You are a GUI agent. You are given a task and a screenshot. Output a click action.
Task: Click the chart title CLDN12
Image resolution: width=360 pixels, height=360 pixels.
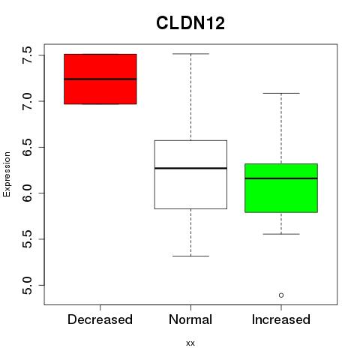pos(190,23)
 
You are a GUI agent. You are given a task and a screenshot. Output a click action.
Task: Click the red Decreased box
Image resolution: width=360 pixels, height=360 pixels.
pos(100,79)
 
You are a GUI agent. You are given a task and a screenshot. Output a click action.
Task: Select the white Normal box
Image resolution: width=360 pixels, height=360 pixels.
pos(190,175)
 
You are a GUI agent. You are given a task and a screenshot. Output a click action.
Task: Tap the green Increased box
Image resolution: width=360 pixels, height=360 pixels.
pos(281,188)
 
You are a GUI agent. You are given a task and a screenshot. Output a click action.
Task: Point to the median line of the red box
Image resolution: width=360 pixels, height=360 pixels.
pos(100,79)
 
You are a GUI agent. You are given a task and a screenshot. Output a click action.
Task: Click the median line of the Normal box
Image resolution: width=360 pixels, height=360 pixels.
pos(190,168)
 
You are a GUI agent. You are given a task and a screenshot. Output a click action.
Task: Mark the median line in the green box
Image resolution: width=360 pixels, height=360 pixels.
pos(281,178)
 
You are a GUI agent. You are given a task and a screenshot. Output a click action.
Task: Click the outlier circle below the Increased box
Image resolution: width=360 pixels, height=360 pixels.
pos(281,295)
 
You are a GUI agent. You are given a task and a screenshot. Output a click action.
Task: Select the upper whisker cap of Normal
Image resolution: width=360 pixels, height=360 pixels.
pos(190,54)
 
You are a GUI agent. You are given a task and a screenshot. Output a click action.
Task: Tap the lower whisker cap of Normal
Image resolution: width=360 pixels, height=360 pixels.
pos(190,256)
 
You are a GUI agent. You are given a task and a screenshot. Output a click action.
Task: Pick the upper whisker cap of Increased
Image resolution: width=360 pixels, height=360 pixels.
pos(281,93)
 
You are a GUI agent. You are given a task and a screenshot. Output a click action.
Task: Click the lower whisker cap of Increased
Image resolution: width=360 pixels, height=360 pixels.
pos(281,234)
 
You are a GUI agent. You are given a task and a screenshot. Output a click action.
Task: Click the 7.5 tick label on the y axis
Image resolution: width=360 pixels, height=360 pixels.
pos(27,55)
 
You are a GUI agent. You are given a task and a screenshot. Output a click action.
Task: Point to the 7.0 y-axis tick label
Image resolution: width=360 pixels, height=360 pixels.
pos(27,101)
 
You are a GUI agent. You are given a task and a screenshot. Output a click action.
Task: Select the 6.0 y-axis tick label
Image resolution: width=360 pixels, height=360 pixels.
pos(27,193)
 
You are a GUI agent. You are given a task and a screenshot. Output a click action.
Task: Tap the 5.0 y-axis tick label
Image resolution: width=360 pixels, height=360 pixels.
pos(27,285)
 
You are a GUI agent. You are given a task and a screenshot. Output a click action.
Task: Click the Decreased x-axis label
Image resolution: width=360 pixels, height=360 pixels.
pos(100,319)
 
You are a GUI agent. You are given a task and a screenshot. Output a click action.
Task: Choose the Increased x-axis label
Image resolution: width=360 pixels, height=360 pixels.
pos(281,319)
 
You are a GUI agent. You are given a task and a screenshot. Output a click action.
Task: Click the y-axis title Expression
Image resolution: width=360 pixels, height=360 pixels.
pos(7,174)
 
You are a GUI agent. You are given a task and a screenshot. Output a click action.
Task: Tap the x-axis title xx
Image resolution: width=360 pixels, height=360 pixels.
pos(190,343)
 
